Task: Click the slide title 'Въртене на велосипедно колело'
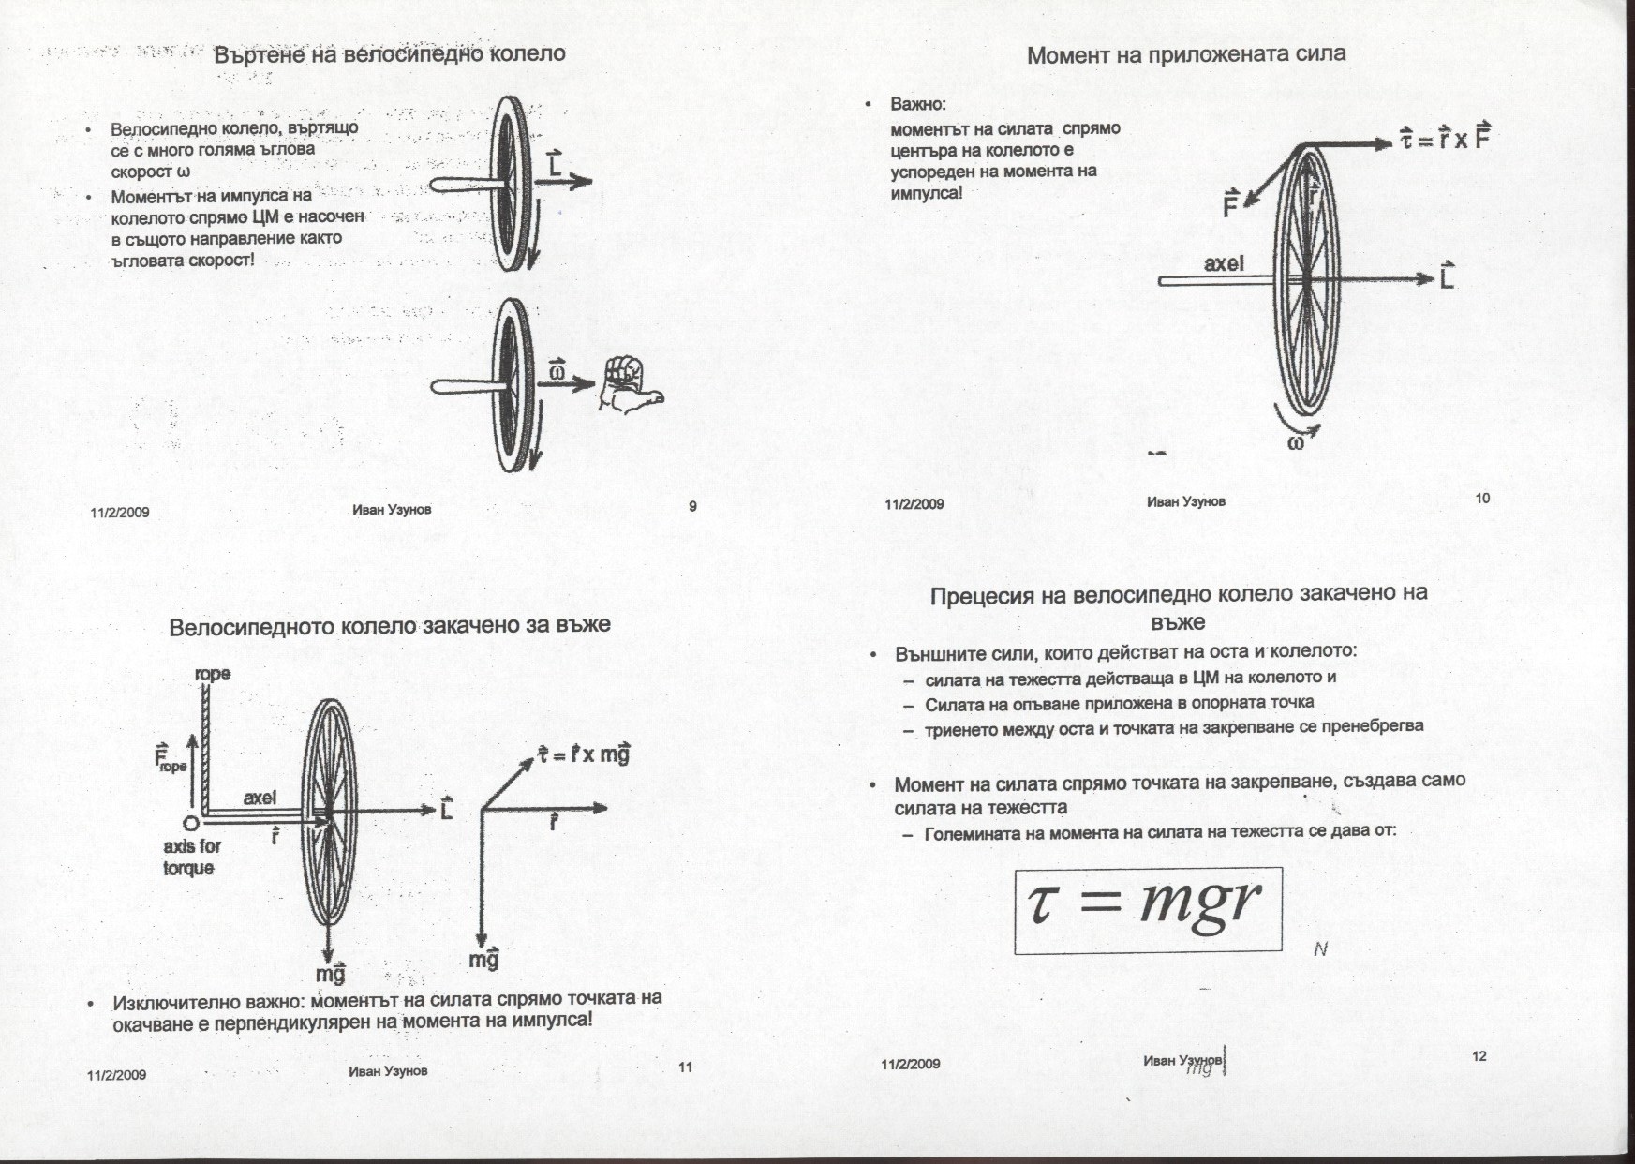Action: pos(390,53)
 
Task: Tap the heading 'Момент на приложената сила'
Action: pos(1186,54)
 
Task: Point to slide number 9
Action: pos(692,507)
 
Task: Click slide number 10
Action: pos(1482,498)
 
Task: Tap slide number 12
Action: pos(1479,1056)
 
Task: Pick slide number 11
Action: pos(685,1067)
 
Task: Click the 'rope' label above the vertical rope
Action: pos(213,674)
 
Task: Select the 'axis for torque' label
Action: pos(192,857)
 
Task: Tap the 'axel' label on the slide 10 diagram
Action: pos(1224,264)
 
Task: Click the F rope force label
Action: pos(171,757)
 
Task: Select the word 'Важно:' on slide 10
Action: pos(918,104)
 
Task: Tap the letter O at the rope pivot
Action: pos(189,823)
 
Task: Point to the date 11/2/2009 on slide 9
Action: pos(120,513)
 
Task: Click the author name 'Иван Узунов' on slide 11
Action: pos(388,1070)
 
